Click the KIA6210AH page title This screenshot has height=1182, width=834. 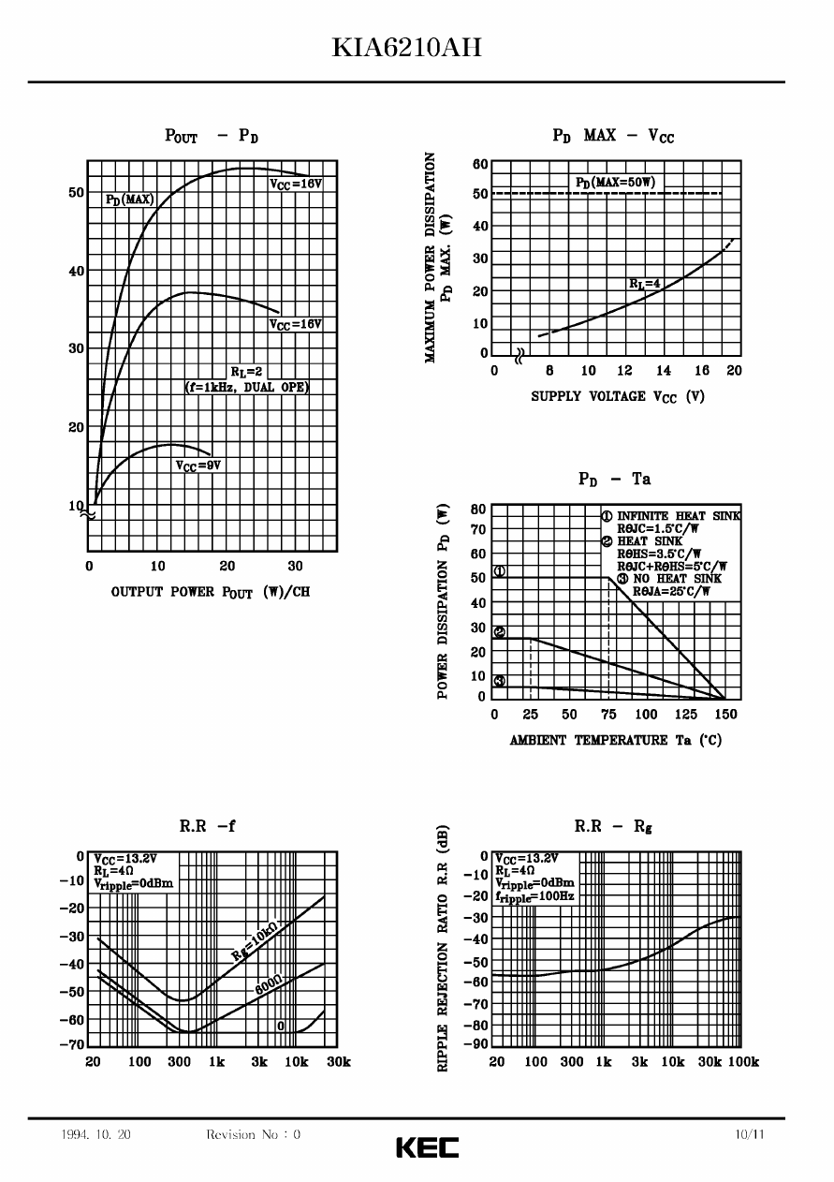point(406,48)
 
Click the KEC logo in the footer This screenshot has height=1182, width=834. point(427,1146)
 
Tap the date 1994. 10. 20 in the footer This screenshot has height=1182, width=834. point(95,1134)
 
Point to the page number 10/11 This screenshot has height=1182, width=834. point(750,1134)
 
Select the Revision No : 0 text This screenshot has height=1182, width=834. point(253,1134)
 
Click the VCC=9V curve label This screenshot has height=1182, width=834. point(198,465)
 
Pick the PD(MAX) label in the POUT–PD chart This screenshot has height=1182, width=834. point(129,199)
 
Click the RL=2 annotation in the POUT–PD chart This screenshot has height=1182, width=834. point(247,371)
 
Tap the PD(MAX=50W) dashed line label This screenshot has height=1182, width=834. point(615,181)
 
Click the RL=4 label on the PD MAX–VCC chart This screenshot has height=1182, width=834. point(644,283)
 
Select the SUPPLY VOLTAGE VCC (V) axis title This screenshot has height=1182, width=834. point(618,396)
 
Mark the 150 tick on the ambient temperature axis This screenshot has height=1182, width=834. point(725,715)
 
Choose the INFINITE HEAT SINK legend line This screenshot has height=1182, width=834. point(671,515)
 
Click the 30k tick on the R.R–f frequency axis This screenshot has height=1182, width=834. point(338,1061)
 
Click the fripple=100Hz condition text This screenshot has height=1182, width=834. point(534,896)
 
